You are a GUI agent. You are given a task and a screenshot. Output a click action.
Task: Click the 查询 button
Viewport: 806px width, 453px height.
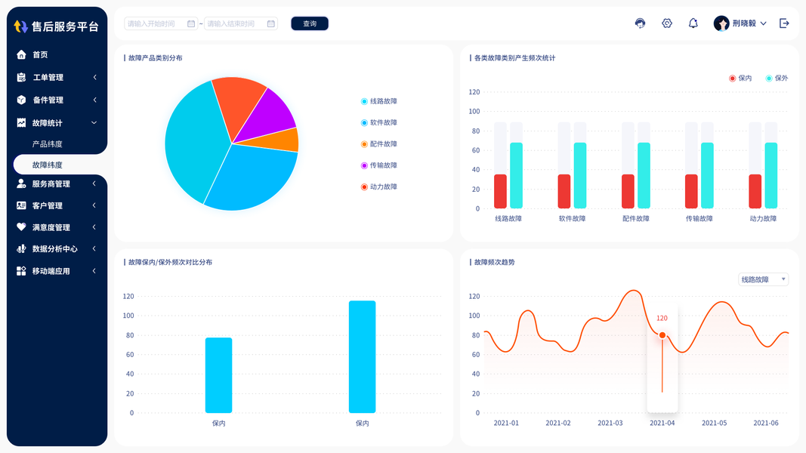coord(310,23)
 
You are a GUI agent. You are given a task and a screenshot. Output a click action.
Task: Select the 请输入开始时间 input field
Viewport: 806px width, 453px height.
coord(156,23)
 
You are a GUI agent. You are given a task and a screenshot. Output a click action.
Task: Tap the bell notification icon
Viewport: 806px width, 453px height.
coord(693,23)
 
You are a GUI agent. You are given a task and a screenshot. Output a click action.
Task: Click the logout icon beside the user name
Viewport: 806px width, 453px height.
coord(784,23)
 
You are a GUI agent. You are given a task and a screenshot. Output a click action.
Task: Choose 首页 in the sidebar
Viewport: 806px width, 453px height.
coord(40,54)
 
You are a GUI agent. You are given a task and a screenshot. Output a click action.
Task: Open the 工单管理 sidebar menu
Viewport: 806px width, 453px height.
coord(48,77)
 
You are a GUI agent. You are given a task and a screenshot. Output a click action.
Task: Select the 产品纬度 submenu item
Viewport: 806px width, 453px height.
coord(47,143)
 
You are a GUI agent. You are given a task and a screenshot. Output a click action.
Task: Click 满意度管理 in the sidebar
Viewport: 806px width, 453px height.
coord(51,227)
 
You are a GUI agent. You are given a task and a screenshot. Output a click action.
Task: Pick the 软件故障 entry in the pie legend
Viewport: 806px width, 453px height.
coord(383,122)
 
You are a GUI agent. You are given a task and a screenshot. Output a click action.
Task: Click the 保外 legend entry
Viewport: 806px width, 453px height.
coord(777,79)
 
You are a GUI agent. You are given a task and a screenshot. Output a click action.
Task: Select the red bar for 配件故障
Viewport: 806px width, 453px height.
coord(628,191)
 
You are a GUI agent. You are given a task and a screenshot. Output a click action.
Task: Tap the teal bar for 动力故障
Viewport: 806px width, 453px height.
coord(770,175)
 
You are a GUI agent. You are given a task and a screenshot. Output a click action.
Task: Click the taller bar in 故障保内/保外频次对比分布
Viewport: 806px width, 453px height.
coord(362,356)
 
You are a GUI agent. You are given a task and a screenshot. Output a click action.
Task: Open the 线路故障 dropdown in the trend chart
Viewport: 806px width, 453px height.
coord(763,279)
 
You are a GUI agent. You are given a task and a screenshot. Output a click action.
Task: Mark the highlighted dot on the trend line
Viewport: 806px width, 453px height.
coord(662,335)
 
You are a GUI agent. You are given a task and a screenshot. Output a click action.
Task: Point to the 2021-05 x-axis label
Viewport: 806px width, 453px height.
coord(714,423)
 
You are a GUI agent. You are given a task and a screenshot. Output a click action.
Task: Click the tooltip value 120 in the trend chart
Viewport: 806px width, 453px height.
coord(662,319)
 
